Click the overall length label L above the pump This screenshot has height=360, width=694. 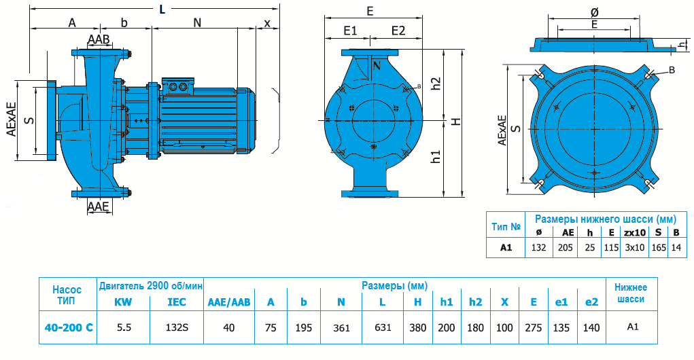(x=161, y=9)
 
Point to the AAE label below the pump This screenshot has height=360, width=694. (x=99, y=206)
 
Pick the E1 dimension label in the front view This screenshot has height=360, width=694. (x=350, y=31)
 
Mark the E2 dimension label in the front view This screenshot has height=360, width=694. (x=398, y=31)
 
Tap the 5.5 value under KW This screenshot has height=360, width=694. (x=124, y=327)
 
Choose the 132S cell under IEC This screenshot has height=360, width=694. (x=177, y=327)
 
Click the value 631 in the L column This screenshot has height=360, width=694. (x=383, y=327)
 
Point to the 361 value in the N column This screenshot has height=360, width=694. (x=341, y=327)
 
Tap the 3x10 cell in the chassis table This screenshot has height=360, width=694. (x=634, y=247)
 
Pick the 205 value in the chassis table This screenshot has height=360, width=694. (x=568, y=247)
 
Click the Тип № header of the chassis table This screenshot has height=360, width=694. (x=506, y=226)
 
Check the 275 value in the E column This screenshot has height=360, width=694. (x=534, y=327)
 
